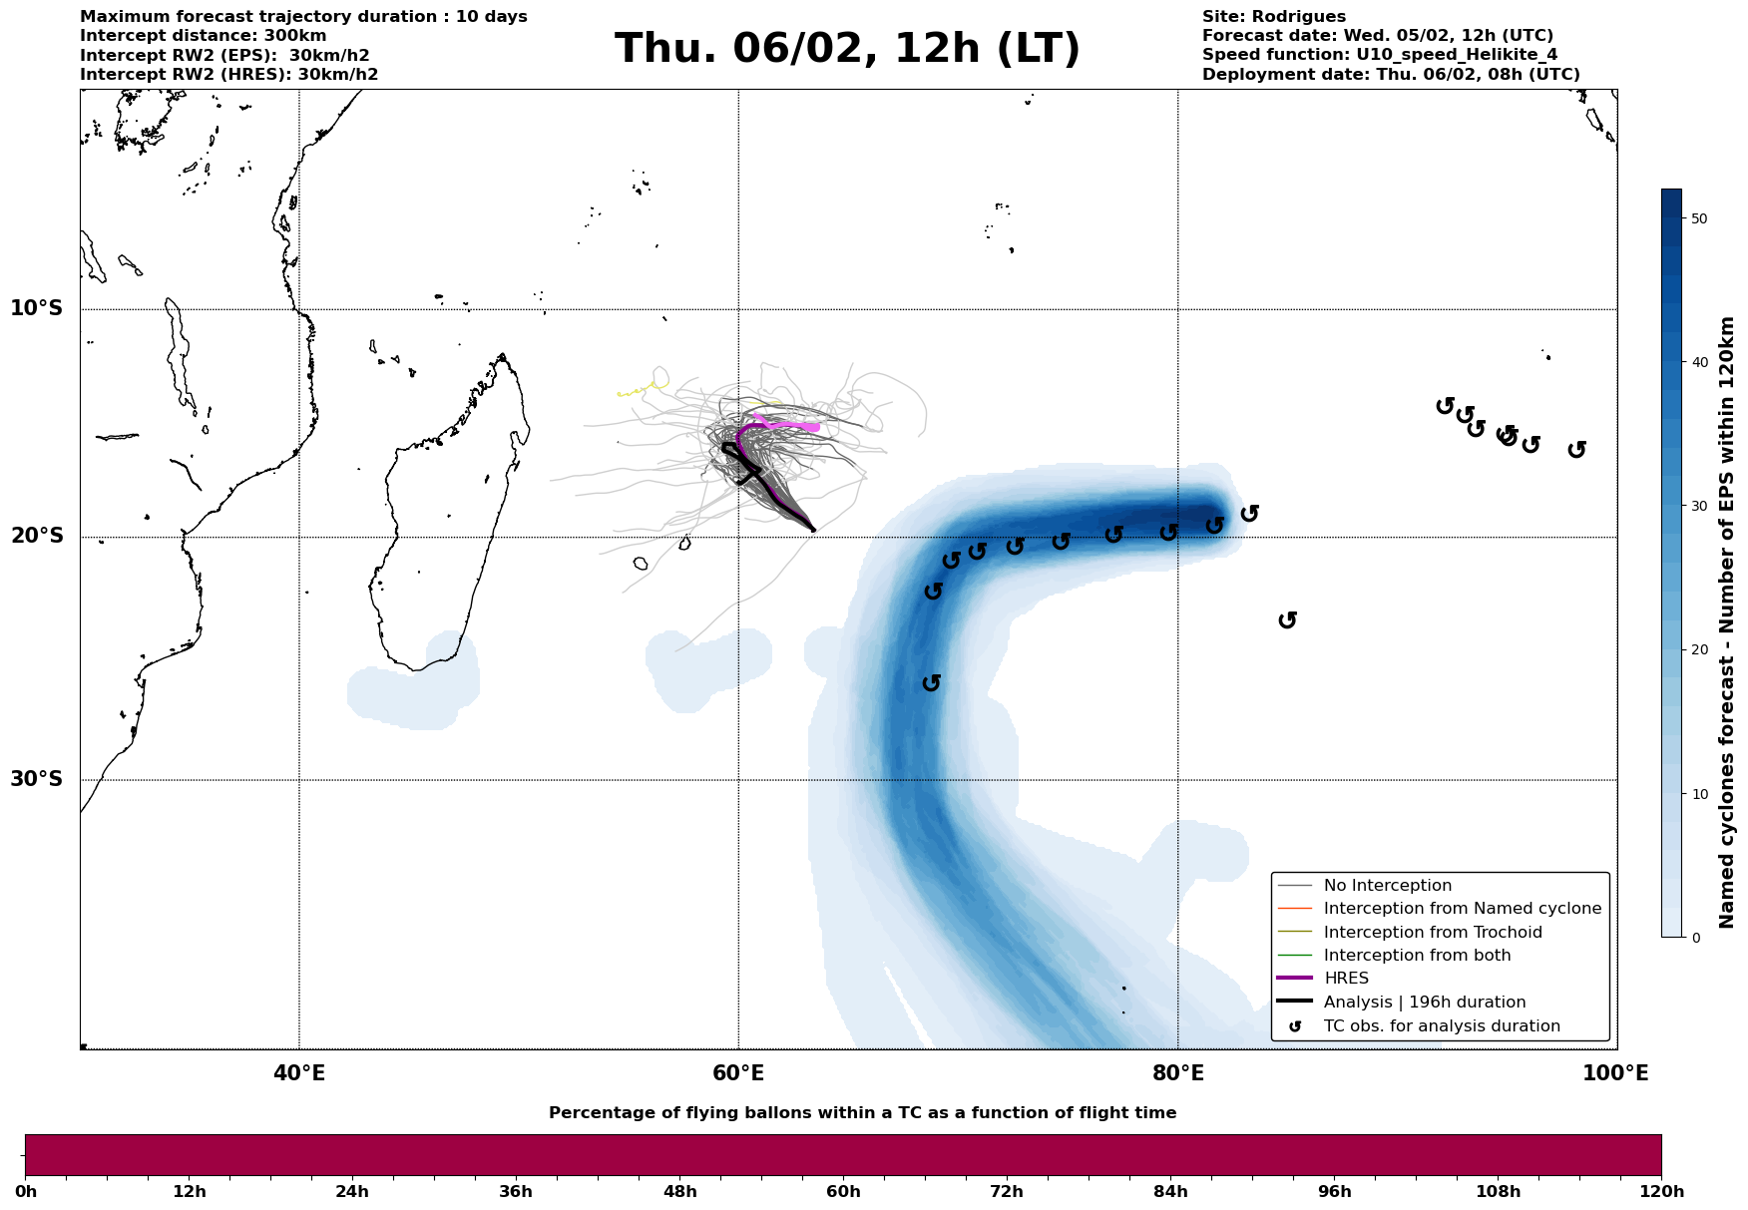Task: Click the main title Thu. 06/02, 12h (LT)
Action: point(847,49)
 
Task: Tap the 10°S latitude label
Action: point(37,308)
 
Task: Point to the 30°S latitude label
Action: point(37,779)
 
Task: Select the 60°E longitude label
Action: point(738,1074)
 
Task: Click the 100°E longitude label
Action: point(1615,1074)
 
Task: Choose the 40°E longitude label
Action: point(299,1074)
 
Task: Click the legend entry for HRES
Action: point(1346,979)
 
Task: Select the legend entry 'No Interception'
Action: point(1387,886)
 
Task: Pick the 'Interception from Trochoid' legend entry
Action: point(1432,933)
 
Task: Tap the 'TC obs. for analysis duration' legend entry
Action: point(1441,1026)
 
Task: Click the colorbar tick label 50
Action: point(1701,218)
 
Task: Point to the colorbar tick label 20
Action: point(1701,650)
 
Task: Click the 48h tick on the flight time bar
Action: point(680,1192)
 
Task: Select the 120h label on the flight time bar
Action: point(1660,1192)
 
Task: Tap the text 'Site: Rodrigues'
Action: point(1273,17)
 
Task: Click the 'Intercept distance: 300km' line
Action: point(203,36)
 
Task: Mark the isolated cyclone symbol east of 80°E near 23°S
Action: point(1287,619)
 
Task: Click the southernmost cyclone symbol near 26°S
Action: point(932,682)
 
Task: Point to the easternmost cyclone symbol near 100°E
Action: point(1576,450)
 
